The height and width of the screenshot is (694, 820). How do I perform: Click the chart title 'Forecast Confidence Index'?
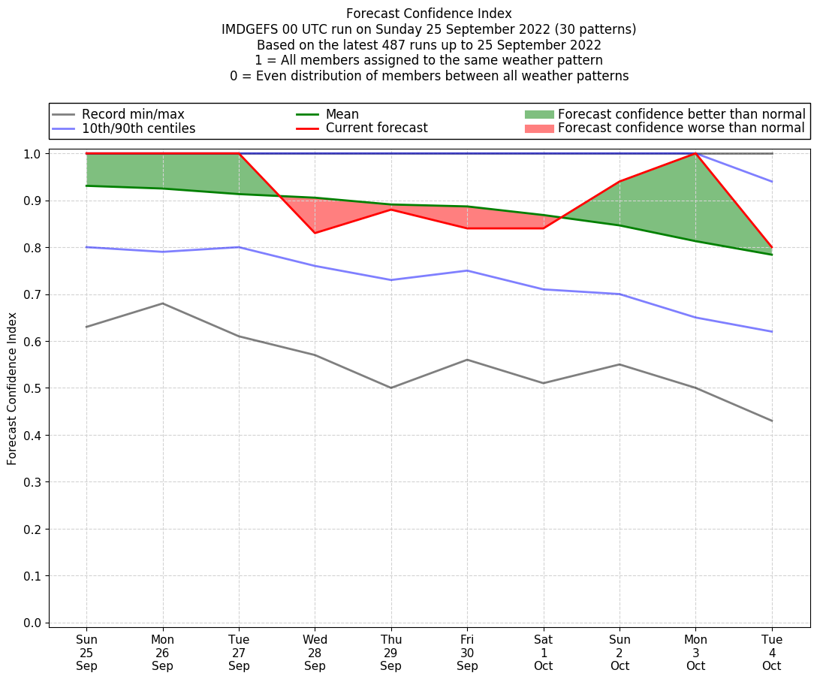[x=429, y=14]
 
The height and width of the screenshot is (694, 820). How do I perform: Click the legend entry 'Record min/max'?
[x=133, y=114]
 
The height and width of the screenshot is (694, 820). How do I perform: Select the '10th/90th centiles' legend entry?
[x=138, y=128]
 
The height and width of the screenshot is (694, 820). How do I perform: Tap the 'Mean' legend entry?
[x=342, y=114]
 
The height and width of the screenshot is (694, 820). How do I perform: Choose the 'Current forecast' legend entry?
[x=376, y=128]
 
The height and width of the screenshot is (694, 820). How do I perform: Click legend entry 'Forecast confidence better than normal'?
[x=681, y=114]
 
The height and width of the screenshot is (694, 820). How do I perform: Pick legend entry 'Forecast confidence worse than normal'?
[x=681, y=128]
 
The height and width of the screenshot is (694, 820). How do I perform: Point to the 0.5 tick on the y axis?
[x=32, y=388]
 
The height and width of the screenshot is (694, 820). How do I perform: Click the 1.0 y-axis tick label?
[x=32, y=154]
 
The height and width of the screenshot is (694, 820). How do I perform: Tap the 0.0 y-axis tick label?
[x=32, y=623]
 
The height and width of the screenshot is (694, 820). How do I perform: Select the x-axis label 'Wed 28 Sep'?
[x=315, y=653]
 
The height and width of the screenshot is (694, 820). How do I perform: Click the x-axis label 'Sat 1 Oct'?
[x=543, y=653]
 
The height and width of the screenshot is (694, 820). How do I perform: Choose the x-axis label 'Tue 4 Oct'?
[x=771, y=653]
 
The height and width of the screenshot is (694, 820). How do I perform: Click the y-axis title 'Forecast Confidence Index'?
[x=12, y=388]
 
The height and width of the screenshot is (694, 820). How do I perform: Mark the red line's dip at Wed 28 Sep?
[x=315, y=233]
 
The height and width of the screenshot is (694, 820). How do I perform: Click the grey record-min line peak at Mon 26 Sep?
[x=163, y=303]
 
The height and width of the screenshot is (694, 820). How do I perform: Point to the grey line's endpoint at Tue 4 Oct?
[x=771, y=421]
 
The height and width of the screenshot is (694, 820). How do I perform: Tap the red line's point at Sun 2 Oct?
[x=620, y=182]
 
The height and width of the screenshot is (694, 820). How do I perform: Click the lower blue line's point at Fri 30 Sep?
[x=467, y=270]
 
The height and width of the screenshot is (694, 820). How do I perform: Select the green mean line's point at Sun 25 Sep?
[x=86, y=186]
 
